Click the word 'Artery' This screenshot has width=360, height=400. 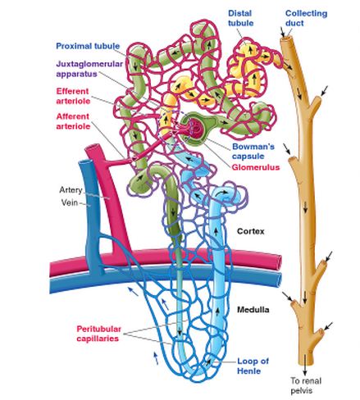(x=71, y=190)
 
